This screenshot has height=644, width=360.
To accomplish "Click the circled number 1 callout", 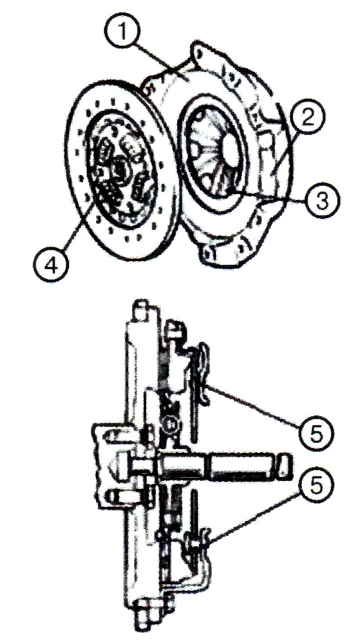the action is point(122,31).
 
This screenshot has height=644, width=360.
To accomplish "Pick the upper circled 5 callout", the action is point(316,433).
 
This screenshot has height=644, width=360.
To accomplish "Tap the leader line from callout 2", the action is point(285,152).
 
